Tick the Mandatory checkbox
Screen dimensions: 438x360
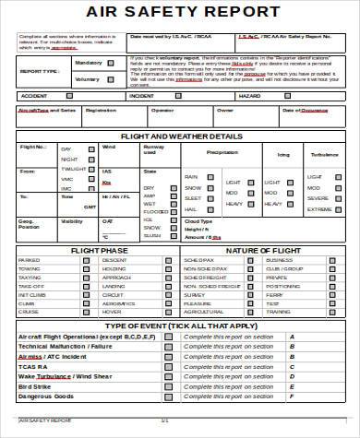coord(112,64)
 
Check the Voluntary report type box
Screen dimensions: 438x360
coord(112,78)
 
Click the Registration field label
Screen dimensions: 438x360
coord(101,110)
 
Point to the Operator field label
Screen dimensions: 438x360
coord(162,110)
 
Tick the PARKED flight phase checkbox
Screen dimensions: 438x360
coord(86,261)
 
